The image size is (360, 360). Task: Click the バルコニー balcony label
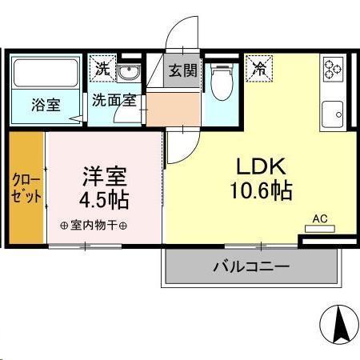click(x=250, y=267)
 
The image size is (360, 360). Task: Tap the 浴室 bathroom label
click(x=46, y=106)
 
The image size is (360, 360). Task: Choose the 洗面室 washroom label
click(x=113, y=101)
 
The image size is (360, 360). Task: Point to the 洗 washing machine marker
click(x=102, y=69)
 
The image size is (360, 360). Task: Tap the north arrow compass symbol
click(x=338, y=324)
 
